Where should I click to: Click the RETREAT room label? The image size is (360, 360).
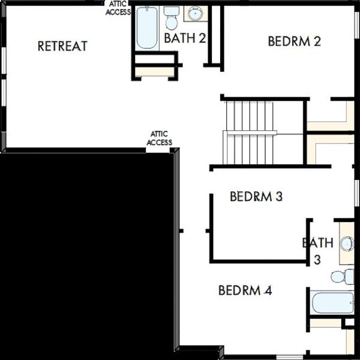coord(62,46)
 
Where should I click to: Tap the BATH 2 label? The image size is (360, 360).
coord(185,38)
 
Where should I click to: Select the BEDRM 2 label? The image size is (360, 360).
coord(295,41)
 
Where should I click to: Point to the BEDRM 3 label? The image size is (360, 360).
coord(256,197)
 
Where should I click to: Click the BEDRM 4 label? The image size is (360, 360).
coord(245,290)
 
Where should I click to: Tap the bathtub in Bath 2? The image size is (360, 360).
coord(147,28)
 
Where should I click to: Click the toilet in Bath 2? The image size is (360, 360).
coord(172,18)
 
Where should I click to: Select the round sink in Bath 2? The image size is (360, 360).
coord(196,13)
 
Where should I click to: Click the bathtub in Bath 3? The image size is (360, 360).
coord(332,302)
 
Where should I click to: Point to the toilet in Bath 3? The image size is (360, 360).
coord(343,277)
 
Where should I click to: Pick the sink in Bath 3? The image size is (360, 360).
coord(347,244)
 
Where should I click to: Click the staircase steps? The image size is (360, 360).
coord(250,133)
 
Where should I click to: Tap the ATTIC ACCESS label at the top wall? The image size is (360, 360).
coord(118,8)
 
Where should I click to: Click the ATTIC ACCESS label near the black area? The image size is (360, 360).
coord(160,138)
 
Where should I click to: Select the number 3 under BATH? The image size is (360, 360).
coord(317,260)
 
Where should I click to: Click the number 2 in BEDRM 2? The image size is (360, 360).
coord(317,41)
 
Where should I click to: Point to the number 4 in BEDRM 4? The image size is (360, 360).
coord(268,290)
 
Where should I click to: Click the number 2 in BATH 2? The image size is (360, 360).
coord(202,38)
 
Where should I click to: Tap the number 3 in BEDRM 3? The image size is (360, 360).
coord(279,197)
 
